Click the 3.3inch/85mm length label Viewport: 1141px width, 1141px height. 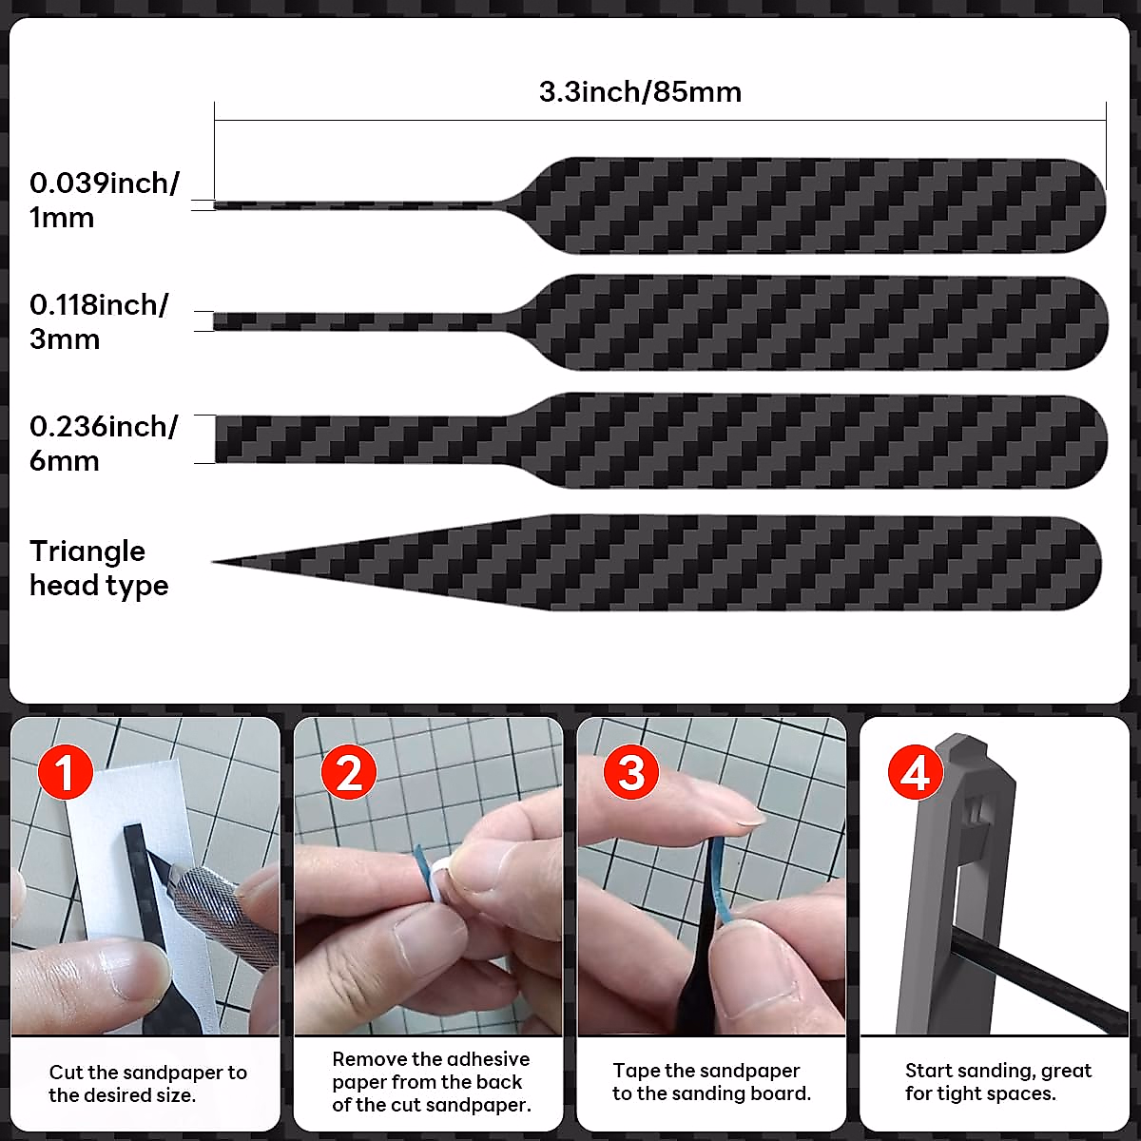tap(640, 92)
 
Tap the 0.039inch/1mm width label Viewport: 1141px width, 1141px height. tap(103, 200)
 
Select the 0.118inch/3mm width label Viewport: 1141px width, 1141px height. tap(98, 321)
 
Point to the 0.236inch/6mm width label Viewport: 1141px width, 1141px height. tap(103, 443)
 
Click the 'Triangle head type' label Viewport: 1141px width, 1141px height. tap(98, 568)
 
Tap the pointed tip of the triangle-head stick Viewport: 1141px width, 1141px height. tap(217, 562)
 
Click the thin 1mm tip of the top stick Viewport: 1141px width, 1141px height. tap(228, 204)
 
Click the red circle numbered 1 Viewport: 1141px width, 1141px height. tap(65, 772)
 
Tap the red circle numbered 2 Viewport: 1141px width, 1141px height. tap(349, 772)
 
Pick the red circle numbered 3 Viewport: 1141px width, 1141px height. tap(631, 772)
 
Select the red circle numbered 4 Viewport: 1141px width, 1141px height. tap(915, 772)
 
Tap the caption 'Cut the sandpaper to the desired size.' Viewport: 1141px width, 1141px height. tap(147, 1083)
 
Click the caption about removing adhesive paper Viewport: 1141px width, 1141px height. tap(431, 1082)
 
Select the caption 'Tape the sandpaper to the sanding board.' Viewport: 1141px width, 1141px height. tap(711, 1082)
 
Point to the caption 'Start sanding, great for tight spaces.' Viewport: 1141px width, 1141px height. tap(997, 1082)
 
